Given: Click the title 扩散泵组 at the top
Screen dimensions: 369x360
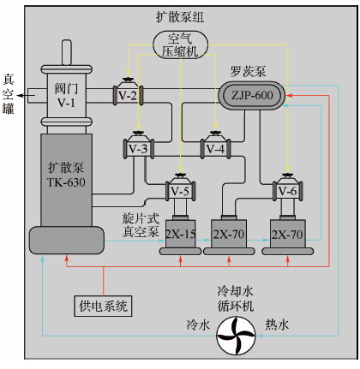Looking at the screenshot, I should click(x=180, y=16).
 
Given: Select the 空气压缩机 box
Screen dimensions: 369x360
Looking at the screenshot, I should click(x=181, y=45).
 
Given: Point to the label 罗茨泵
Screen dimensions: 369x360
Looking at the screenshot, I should click(x=248, y=72).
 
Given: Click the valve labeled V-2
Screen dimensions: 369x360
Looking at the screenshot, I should click(x=129, y=95).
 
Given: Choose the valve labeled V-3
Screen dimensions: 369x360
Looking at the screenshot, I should click(x=138, y=148).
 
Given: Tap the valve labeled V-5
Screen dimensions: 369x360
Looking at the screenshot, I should click(x=180, y=190).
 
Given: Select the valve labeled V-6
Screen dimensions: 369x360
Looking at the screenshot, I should click(x=287, y=190).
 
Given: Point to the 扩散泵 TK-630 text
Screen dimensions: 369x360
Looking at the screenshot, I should click(x=66, y=176).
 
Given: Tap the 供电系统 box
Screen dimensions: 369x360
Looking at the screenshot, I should click(x=104, y=305).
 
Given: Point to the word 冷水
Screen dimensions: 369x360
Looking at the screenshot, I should click(x=197, y=324).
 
